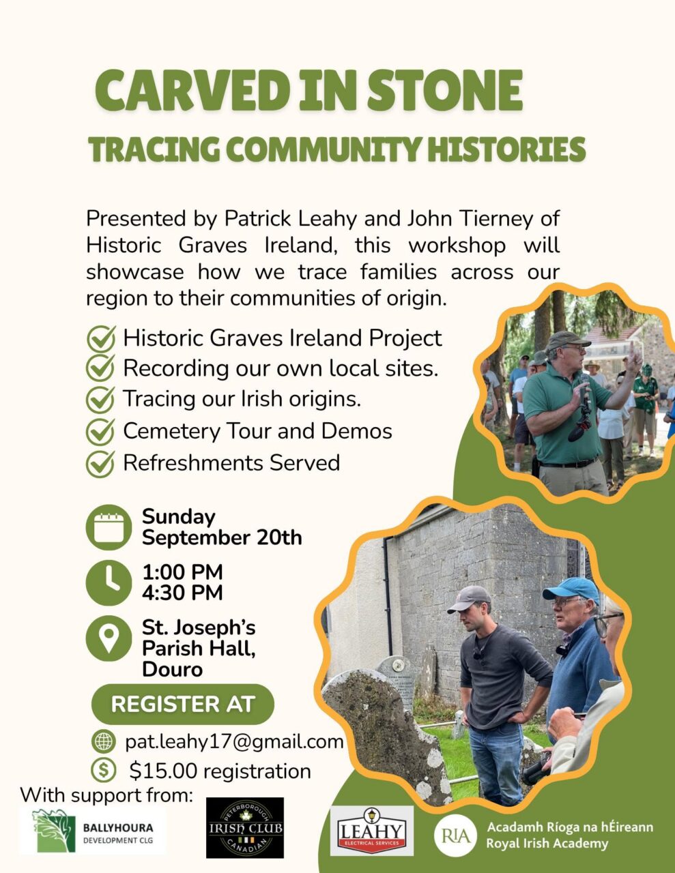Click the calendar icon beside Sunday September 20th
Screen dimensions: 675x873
pos(109,527)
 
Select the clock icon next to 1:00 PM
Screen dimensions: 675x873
pos(109,583)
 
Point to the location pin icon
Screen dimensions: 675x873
pos(109,638)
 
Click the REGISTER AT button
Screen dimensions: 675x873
pos(183,704)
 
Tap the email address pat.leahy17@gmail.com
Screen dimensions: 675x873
pos(234,741)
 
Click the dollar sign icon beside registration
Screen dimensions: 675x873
pos(104,770)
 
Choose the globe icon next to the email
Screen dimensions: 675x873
pos(104,741)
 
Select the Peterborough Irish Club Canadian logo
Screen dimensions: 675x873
pos(245,828)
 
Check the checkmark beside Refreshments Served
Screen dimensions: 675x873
pos(100,463)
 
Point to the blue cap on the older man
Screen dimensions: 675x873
pos(571,589)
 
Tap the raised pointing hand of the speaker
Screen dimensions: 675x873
pos(634,358)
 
